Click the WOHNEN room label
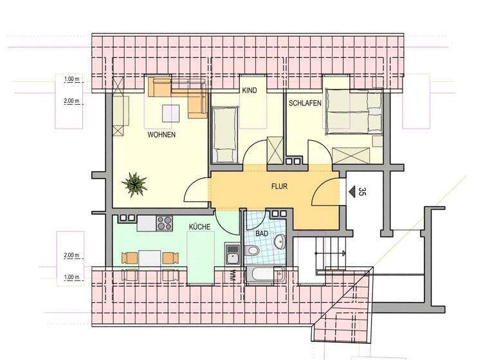(x=161, y=135)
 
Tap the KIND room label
(x=249, y=91)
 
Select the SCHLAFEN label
(x=304, y=103)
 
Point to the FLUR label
(x=279, y=187)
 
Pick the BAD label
(x=261, y=234)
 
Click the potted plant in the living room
(x=135, y=184)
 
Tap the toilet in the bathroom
(x=253, y=250)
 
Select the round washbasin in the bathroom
(x=280, y=242)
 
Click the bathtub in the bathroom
(x=264, y=275)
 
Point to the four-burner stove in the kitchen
(x=165, y=224)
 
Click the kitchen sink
(x=232, y=255)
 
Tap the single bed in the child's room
(x=225, y=134)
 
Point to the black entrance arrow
(x=351, y=191)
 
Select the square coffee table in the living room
(x=170, y=113)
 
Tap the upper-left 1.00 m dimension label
(x=71, y=80)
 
